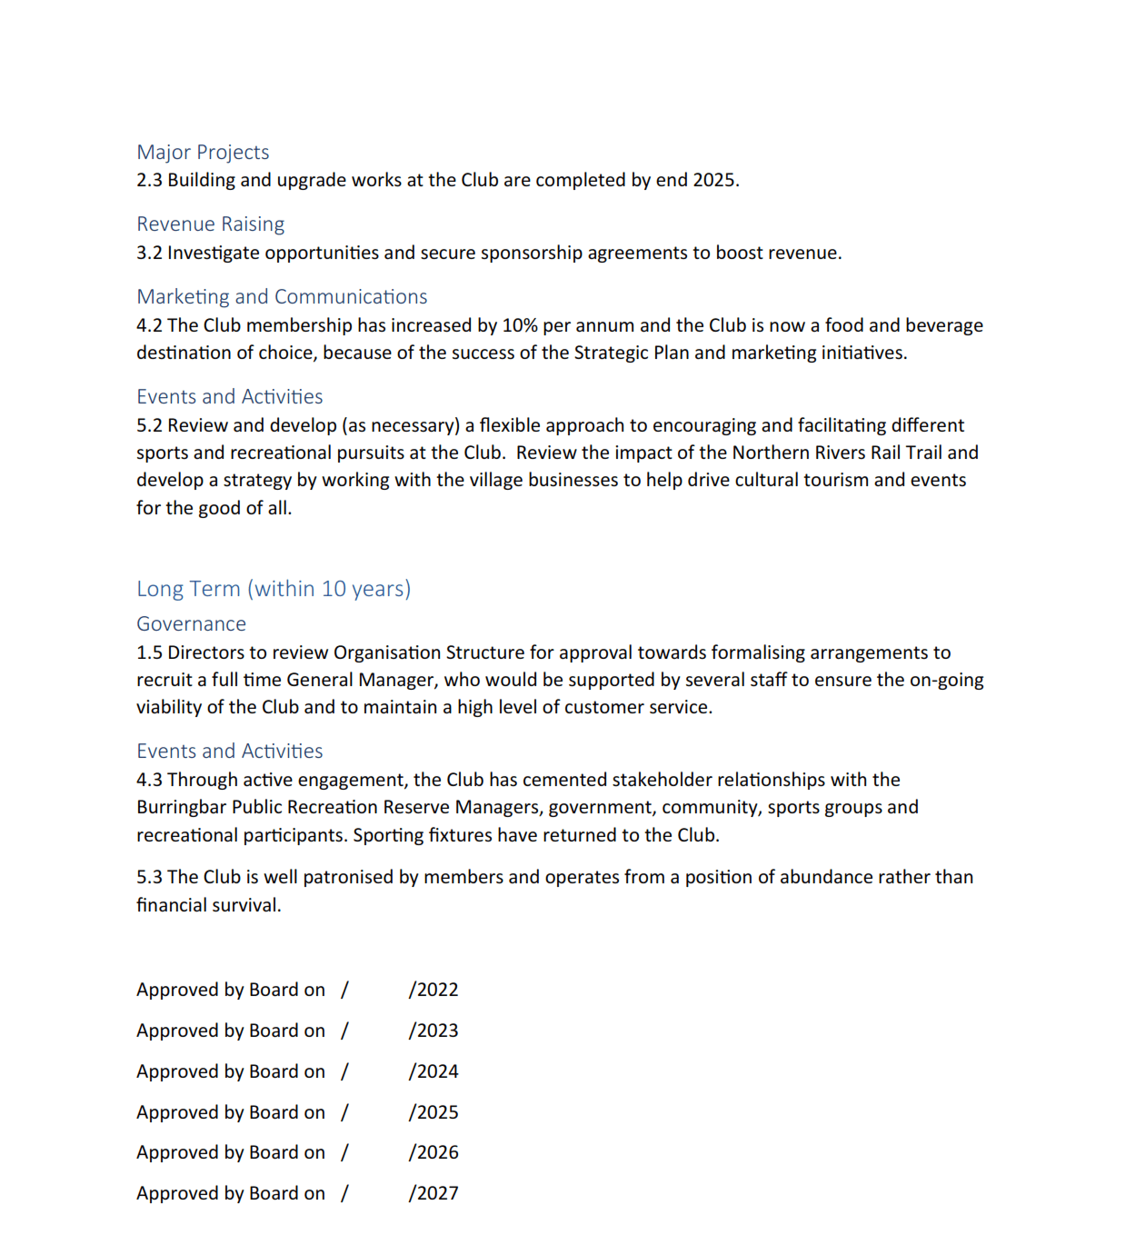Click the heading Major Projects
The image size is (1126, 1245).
pyautogui.click(x=203, y=152)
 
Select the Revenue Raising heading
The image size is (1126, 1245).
pyautogui.click(x=210, y=224)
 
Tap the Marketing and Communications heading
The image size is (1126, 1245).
pyautogui.click(x=282, y=296)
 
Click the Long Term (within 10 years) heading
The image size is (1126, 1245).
pyautogui.click(x=274, y=589)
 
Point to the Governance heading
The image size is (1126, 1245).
pyautogui.click(x=191, y=623)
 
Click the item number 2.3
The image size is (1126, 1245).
pyautogui.click(x=149, y=180)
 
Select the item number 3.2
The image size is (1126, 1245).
pyautogui.click(x=149, y=253)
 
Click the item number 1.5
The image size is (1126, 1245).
pyautogui.click(x=149, y=652)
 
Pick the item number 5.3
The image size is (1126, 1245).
pyautogui.click(x=149, y=877)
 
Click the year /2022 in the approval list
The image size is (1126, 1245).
pyautogui.click(x=433, y=990)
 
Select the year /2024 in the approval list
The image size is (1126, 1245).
pyautogui.click(x=433, y=1071)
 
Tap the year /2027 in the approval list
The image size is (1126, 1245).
pyautogui.click(x=433, y=1193)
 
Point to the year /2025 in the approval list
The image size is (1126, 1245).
pyautogui.click(x=433, y=1112)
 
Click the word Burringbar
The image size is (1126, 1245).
pyautogui.click(x=181, y=807)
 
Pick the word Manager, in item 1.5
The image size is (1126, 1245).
pyautogui.click(x=397, y=680)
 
